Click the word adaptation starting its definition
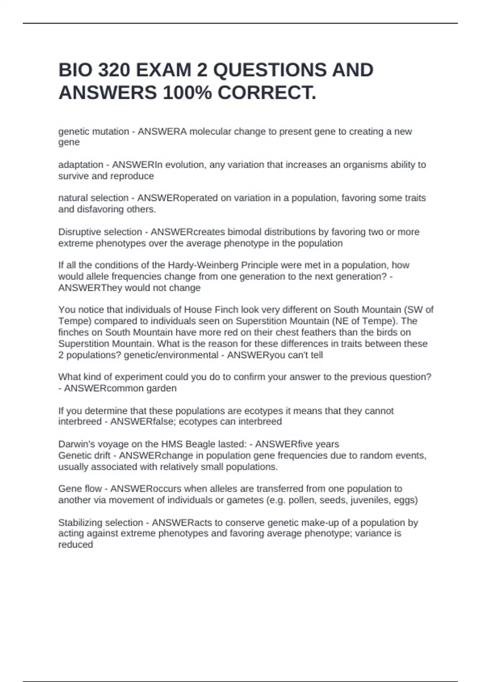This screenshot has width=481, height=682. click(x=81, y=165)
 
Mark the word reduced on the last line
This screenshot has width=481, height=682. click(x=75, y=545)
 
